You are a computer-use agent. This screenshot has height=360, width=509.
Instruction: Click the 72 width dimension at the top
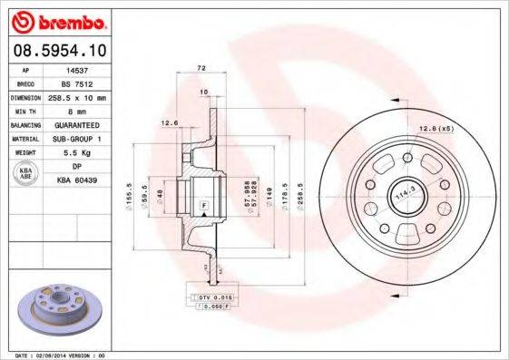coord(202,68)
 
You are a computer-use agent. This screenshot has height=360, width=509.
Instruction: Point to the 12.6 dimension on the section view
coord(168,123)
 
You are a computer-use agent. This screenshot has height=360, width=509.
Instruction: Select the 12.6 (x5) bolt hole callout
coord(436,130)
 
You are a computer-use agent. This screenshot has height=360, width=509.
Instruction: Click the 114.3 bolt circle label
coord(402,192)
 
